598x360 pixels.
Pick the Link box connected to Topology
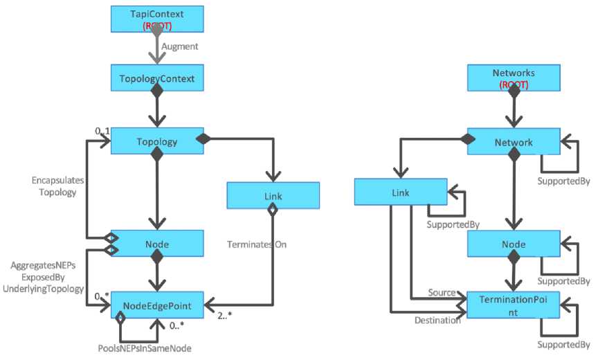[273, 196]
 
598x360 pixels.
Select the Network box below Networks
[513, 141]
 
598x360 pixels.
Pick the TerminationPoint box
[513, 305]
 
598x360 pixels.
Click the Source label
[440, 293]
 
